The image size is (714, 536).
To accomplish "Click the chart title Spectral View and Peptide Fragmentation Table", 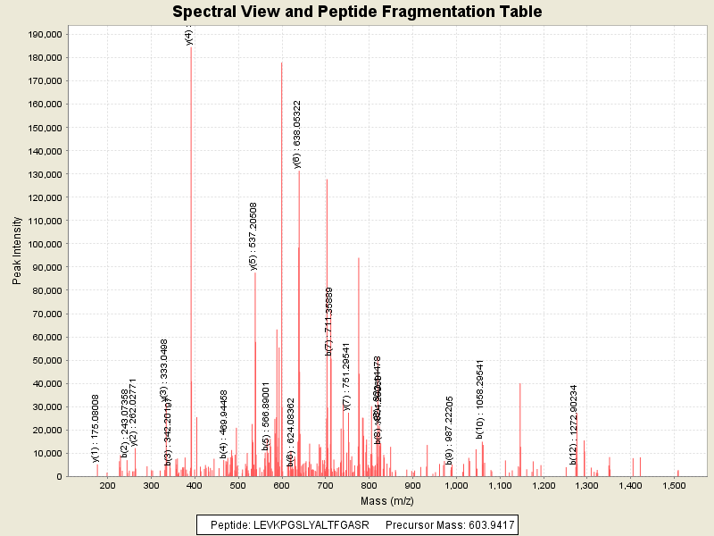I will [x=357, y=12].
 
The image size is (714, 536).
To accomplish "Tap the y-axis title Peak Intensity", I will [x=17, y=255].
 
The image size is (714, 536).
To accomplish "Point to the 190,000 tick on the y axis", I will [x=43, y=34].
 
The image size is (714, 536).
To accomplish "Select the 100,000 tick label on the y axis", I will [x=43, y=244].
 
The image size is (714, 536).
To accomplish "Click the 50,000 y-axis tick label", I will [x=46, y=360].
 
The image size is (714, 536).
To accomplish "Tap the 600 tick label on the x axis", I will [x=281, y=486].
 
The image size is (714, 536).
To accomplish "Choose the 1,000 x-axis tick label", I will [x=456, y=486].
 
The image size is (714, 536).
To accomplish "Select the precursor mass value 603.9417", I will [x=483, y=524].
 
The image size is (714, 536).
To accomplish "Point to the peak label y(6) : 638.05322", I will [x=297, y=134].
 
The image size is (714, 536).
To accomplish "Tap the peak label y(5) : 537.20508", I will [x=253, y=236].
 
